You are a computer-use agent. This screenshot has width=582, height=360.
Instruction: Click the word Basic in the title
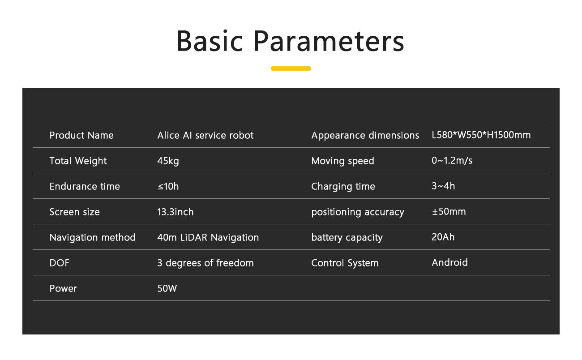(x=210, y=41)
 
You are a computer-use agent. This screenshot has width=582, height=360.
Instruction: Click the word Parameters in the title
(x=329, y=41)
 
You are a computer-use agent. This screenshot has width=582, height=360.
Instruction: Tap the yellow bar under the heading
(x=291, y=69)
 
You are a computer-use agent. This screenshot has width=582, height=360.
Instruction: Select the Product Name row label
(x=81, y=135)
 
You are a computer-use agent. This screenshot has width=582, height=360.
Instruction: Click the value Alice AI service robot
(x=205, y=135)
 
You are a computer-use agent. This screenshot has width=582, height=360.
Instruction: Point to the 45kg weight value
(x=168, y=161)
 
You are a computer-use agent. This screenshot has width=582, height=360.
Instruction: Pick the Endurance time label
(x=85, y=186)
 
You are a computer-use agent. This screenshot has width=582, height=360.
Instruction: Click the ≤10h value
(x=168, y=186)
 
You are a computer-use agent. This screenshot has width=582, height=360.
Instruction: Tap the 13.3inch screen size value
(x=175, y=212)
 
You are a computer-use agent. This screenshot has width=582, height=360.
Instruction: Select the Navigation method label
(x=93, y=238)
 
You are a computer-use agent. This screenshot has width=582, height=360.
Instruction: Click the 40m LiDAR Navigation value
(x=208, y=238)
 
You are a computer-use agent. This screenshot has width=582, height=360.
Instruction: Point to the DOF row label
(x=60, y=263)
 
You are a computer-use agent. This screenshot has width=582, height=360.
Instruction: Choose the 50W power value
(x=167, y=288)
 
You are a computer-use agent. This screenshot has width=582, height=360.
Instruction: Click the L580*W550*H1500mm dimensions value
(x=481, y=135)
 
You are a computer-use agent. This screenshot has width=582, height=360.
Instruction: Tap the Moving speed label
(x=342, y=161)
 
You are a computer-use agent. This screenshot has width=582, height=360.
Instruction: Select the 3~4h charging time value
(x=443, y=186)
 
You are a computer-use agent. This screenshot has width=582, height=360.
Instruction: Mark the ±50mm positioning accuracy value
(x=449, y=212)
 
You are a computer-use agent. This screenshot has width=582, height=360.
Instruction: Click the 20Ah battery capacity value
(x=443, y=237)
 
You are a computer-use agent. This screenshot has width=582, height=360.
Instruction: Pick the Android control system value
(x=450, y=262)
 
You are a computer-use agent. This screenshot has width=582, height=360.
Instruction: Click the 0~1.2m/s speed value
(x=452, y=160)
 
